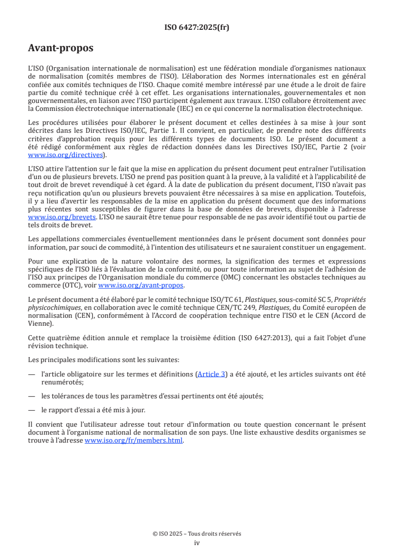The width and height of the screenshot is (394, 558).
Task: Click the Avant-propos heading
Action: (x=61, y=48)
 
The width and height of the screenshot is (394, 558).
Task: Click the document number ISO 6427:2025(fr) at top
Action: (x=197, y=28)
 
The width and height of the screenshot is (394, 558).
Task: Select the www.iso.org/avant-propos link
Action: (x=141, y=285)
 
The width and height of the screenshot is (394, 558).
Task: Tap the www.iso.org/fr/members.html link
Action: (x=134, y=440)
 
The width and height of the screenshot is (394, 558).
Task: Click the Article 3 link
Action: (x=211, y=374)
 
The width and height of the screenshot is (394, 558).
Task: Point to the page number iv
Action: (x=197, y=543)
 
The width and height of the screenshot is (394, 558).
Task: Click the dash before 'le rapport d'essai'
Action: (x=32, y=410)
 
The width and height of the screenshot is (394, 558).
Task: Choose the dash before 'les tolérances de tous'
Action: (x=32, y=396)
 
